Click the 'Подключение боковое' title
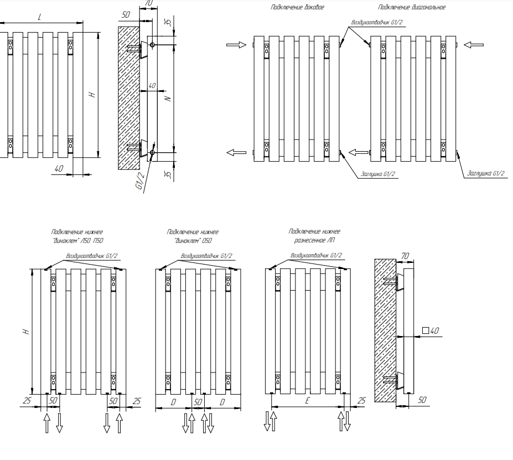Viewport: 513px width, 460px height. coord(297,7)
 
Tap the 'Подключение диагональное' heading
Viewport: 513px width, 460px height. coord(412,7)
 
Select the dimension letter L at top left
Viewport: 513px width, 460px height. coord(40,17)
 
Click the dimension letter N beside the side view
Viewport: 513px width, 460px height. coord(168,98)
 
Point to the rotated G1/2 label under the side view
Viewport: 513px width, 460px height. coord(140,180)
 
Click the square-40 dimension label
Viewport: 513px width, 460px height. coord(431,331)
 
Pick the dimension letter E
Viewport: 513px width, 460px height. coord(307,401)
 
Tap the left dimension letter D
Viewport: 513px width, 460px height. coord(173,402)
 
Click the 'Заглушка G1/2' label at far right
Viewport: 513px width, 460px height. coord(486,173)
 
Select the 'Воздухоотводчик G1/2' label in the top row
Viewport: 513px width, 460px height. coord(377,23)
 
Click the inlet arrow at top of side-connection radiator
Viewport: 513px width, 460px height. coord(236,44)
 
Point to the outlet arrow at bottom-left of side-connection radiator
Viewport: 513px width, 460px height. coord(236,152)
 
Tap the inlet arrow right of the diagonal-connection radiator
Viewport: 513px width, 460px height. coord(474,44)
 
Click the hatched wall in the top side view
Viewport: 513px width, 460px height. coord(128,98)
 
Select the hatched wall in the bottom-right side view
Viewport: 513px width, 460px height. coord(385,330)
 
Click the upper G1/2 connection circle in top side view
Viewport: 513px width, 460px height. coord(152,44)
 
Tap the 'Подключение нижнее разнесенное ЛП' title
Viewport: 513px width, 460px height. coord(314,236)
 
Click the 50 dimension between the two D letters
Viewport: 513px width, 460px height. coord(198,402)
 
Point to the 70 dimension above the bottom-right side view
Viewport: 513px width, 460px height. coord(405,256)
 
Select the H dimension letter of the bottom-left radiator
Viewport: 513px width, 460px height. coord(26,331)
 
